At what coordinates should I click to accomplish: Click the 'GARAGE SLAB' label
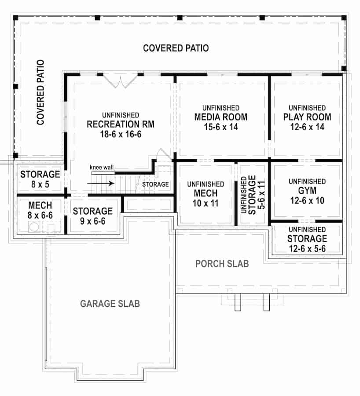point(110,304)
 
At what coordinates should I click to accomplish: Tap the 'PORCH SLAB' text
point(222,264)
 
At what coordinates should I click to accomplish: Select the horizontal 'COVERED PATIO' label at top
point(176,48)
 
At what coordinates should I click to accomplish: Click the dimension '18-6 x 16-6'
point(120,134)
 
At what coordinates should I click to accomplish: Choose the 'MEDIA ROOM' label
point(221,117)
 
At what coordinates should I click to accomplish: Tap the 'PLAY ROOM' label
point(307,117)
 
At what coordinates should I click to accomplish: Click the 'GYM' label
point(307,191)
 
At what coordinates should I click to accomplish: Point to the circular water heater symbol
point(34,227)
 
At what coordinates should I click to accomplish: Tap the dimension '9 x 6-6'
point(92,220)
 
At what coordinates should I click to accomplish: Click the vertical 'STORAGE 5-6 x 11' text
point(249,194)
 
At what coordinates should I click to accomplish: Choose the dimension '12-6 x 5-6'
point(307,248)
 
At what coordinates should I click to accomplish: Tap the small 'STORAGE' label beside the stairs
point(155,184)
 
